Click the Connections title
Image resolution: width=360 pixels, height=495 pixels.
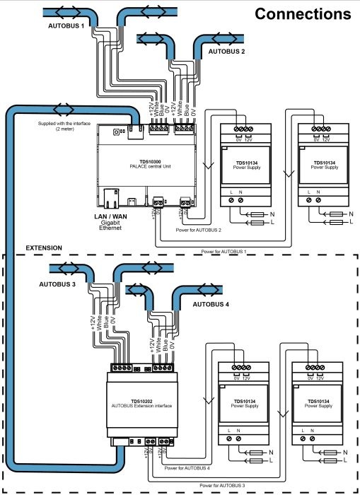303,14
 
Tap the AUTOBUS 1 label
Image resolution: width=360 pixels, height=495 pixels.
66,26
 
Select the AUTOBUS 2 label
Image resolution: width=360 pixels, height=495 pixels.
226,51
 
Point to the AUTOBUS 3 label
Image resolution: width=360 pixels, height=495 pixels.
57,284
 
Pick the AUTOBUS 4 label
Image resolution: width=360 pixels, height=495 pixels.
211,304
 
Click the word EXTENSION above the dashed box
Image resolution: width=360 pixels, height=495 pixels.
44,248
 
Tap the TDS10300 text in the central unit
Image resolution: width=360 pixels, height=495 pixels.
151,162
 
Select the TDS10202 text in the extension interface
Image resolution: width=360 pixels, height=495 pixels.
141,402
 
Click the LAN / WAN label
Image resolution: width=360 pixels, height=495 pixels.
110,216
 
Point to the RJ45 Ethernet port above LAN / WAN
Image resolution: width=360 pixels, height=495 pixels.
112,199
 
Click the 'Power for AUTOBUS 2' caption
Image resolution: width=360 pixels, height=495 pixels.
198,230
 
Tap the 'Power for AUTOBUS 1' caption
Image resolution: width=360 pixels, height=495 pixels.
224,252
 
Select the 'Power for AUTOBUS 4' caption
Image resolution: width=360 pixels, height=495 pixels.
187,468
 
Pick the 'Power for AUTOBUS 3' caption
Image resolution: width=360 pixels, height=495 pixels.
222,486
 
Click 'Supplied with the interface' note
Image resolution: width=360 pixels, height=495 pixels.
64,124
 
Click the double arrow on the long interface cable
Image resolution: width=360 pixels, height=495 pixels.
64,110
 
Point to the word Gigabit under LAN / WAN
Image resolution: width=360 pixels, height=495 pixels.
110,223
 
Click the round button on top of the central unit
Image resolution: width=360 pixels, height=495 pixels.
116,132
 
